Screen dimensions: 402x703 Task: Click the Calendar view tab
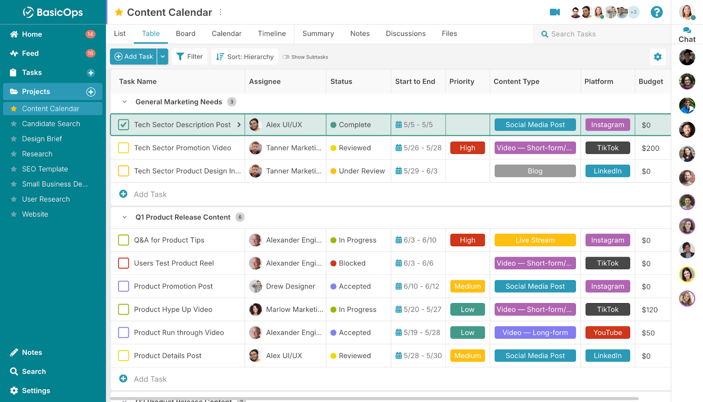click(226, 33)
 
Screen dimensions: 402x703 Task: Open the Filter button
click(189, 57)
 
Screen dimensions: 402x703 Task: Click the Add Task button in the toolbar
click(134, 57)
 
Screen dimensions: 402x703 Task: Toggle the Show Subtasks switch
click(286, 57)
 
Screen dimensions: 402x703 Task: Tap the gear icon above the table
click(657, 57)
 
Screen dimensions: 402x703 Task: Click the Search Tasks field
click(602, 34)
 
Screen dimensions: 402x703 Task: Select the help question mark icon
click(656, 12)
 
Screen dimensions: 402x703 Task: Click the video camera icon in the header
click(555, 12)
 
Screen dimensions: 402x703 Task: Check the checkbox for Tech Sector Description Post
click(123, 125)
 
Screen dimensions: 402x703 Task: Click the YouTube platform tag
click(607, 333)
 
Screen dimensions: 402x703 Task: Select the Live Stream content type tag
click(535, 240)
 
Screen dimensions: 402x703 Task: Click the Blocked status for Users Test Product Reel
click(352, 263)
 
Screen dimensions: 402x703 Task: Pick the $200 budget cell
click(650, 148)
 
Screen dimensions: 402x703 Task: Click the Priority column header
click(462, 81)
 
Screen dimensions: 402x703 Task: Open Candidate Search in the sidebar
click(51, 124)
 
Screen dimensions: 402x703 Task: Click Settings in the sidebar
click(36, 391)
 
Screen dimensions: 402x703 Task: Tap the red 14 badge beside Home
click(90, 34)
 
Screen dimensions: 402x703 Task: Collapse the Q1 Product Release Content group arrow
click(124, 217)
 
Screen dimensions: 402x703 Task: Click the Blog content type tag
click(535, 171)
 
